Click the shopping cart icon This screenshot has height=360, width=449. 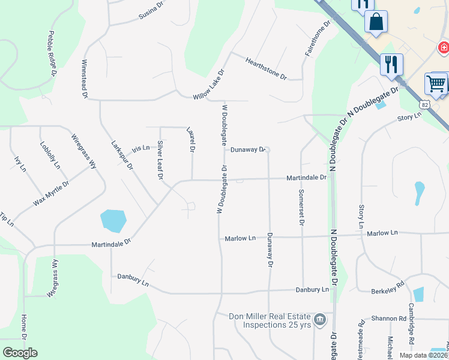tap(436, 83)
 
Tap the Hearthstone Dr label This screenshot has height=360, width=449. tap(267, 69)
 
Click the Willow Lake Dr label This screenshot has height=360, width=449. tap(208, 85)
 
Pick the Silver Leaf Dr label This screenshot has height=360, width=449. tap(160, 160)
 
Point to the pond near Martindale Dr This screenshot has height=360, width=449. tap(113, 220)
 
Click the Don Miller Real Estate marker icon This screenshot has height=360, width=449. tap(320, 318)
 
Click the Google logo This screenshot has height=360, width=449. tap(20, 352)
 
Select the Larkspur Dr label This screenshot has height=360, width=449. tap(122, 155)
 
